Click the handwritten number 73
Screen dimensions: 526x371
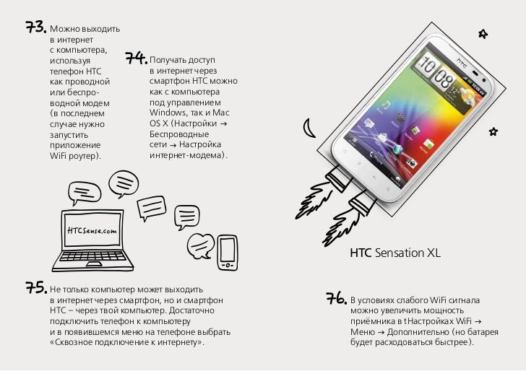click(36, 27)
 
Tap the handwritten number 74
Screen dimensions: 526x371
click(136, 58)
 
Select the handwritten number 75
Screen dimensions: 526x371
click(36, 287)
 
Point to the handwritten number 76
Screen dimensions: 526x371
click(337, 298)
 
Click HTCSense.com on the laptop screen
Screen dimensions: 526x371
click(92, 230)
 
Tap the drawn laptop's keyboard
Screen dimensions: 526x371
click(92, 257)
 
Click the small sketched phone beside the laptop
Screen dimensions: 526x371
click(228, 253)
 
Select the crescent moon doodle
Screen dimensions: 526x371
click(309, 128)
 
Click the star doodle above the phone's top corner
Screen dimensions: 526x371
click(483, 33)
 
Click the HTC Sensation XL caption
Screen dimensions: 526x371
click(394, 253)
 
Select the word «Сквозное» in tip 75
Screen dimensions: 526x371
click(71, 342)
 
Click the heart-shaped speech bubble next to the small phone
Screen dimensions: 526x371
click(200, 246)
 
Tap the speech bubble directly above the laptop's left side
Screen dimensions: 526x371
click(85, 193)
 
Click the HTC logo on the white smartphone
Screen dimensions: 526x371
click(462, 62)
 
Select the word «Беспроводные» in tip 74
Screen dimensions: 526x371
click(179, 134)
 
